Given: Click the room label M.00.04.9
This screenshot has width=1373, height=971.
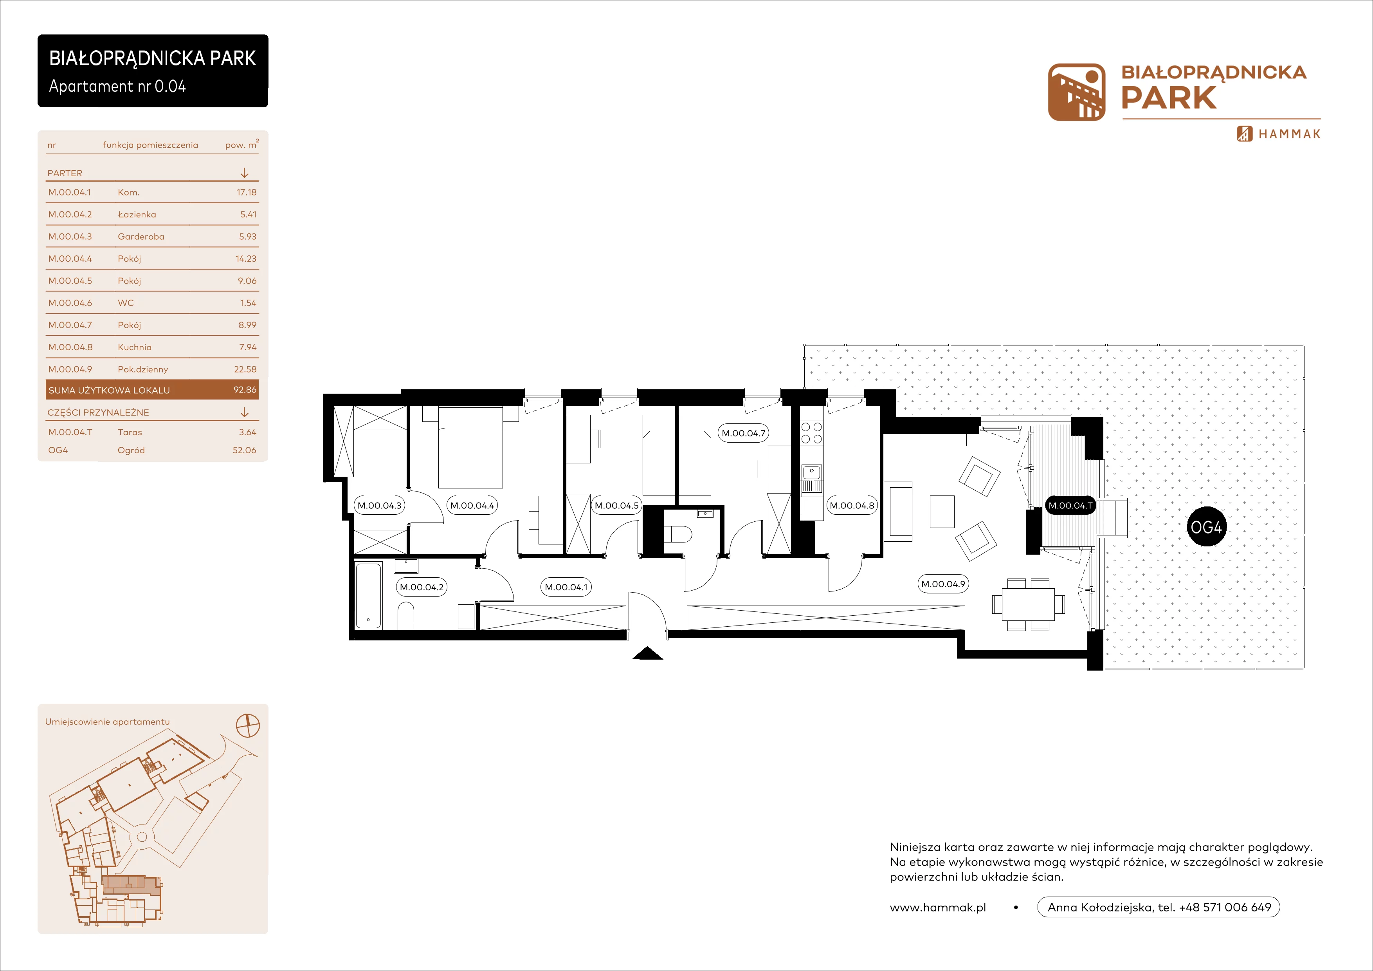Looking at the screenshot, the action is point(943,584).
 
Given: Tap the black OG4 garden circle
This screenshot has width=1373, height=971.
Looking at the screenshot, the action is point(1205,527).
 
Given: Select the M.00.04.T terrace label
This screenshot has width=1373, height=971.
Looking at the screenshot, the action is point(1070,506).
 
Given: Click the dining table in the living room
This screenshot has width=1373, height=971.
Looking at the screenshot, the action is point(1029,604).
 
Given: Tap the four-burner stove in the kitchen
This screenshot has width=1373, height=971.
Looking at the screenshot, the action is point(811,433).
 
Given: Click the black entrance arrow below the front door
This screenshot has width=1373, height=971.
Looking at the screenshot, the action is point(648,653).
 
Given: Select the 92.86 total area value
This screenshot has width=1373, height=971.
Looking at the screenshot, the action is point(245,389).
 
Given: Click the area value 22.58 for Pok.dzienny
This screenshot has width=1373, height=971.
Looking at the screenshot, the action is point(245,369).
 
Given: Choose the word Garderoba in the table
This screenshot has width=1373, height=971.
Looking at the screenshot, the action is point(141,236).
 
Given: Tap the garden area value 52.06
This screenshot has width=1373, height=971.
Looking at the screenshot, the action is point(244,450).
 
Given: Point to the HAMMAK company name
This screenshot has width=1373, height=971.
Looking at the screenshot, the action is point(1289,134).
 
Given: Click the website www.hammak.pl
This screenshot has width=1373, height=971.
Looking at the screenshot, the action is point(938,908).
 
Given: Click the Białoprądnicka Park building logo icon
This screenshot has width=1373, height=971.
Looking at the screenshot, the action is point(1076,92).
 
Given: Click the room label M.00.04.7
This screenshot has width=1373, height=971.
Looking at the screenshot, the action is point(743,433).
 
